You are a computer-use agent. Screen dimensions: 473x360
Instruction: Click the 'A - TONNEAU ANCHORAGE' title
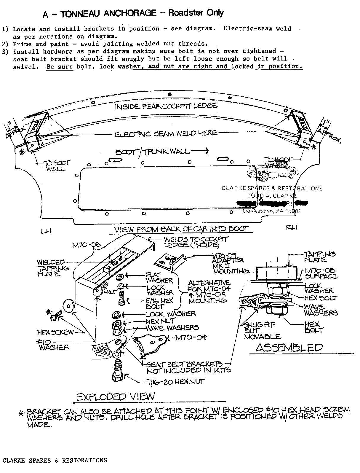tap(100, 13)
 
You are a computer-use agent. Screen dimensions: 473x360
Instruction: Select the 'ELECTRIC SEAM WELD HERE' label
tap(166, 134)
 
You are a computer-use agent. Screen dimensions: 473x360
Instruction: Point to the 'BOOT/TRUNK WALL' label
tap(152, 152)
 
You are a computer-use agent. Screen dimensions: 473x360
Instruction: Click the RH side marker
tap(292, 227)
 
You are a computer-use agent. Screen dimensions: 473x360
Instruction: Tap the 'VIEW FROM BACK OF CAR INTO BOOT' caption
tap(182, 229)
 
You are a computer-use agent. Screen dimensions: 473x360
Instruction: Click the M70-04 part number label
tap(191, 337)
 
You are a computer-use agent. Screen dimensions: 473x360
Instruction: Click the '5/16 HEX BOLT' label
tap(159, 303)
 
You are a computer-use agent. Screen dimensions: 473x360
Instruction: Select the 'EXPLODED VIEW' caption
tap(116, 396)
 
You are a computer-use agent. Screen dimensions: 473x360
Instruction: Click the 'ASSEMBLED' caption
tap(289, 348)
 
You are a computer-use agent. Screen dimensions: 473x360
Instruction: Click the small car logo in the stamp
tap(273, 172)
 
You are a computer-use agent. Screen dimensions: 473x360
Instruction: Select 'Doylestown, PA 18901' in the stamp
tap(271, 211)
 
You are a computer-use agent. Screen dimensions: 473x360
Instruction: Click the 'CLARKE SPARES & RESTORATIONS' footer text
tap(55, 460)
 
